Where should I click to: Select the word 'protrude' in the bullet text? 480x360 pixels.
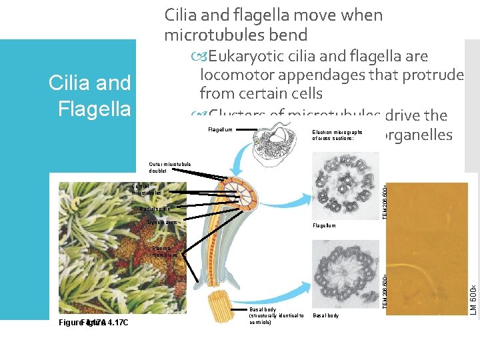pos(431,75)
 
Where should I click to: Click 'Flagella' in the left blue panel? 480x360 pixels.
pos(94,108)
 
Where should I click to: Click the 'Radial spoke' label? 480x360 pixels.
pos(153,209)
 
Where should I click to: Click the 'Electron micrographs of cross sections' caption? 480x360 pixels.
pos(337,135)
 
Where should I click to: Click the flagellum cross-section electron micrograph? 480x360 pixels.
pos(345,186)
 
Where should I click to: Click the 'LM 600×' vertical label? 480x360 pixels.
pos(472,300)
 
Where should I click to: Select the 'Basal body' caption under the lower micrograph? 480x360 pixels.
pos(325,315)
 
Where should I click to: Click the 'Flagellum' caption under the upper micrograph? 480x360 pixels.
pos(324,226)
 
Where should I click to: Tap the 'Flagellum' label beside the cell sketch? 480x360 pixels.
pos(221,129)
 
